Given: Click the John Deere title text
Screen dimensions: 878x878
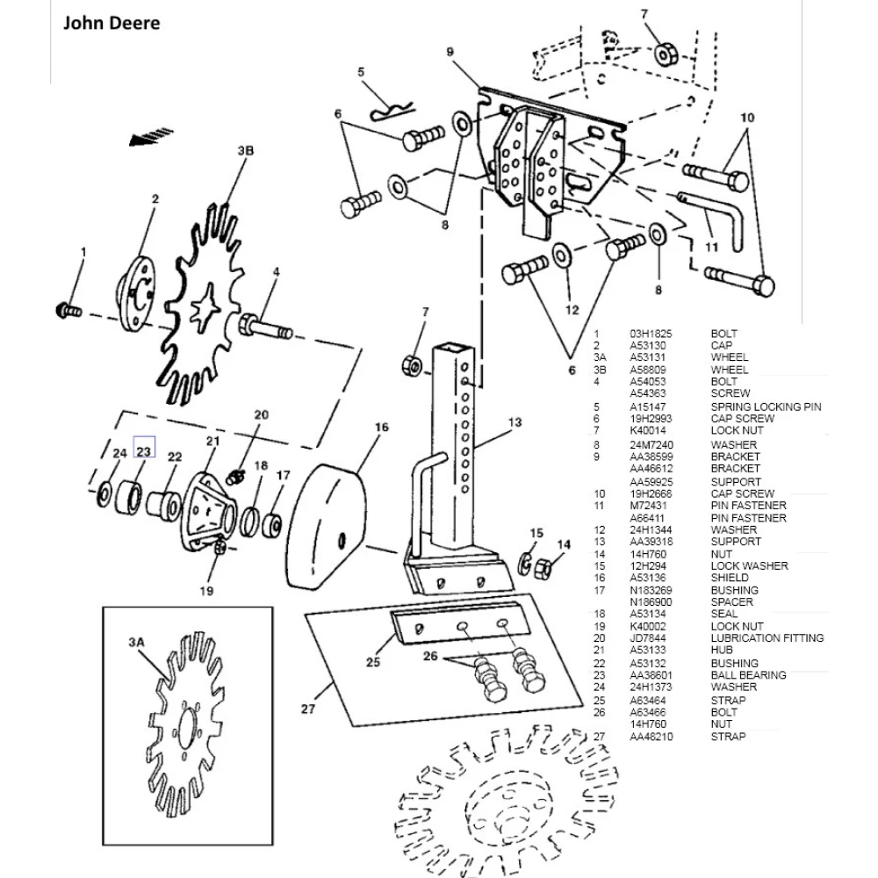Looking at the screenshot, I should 111,23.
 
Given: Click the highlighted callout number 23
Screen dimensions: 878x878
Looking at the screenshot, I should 144,451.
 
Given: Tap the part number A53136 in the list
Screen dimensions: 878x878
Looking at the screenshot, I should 648,579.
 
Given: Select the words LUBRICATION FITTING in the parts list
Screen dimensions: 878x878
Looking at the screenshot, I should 766,638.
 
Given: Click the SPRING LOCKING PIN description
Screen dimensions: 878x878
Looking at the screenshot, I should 768,407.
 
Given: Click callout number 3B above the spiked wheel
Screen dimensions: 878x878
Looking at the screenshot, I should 245,151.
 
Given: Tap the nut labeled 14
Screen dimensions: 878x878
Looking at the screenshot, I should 543,567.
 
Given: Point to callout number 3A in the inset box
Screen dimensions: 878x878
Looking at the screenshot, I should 136,643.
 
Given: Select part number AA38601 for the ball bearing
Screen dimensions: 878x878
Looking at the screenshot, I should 651,675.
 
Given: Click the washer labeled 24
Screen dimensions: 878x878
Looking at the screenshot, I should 105,493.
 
